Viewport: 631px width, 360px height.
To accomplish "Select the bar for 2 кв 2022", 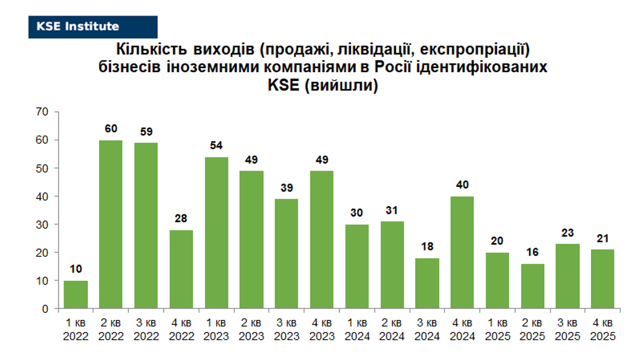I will [111, 224].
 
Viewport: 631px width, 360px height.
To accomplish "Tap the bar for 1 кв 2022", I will [76, 294].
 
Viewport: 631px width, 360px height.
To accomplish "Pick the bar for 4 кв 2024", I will [462, 252].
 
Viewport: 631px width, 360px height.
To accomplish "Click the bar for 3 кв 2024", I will [427, 283].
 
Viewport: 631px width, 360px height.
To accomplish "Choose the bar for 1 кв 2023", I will [216, 232].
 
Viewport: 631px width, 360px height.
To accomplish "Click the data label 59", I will [146, 132].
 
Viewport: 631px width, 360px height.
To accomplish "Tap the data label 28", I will [181, 218].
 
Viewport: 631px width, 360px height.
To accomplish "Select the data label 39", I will [286, 188].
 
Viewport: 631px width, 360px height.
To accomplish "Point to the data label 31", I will [392, 210].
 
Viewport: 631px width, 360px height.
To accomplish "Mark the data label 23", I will [568, 232].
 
